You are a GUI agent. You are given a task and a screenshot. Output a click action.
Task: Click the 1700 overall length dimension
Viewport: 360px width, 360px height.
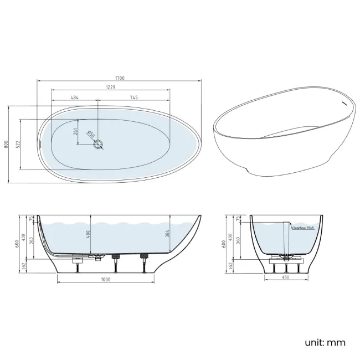tap(120, 78)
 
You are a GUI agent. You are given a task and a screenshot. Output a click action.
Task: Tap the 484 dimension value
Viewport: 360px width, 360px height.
tap(74, 98)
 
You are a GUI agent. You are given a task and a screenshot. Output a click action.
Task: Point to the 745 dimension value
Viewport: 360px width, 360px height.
tap(134, 98)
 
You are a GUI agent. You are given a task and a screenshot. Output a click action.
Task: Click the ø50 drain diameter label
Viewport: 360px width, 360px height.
tap(91, 134)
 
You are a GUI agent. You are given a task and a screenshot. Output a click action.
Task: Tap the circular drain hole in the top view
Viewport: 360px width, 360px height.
tap(99, 145)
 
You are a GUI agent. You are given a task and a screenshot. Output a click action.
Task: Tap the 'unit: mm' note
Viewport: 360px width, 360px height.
tap(325, 342)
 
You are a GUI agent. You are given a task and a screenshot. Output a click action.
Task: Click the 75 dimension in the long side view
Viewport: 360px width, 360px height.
tap(32, 218)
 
